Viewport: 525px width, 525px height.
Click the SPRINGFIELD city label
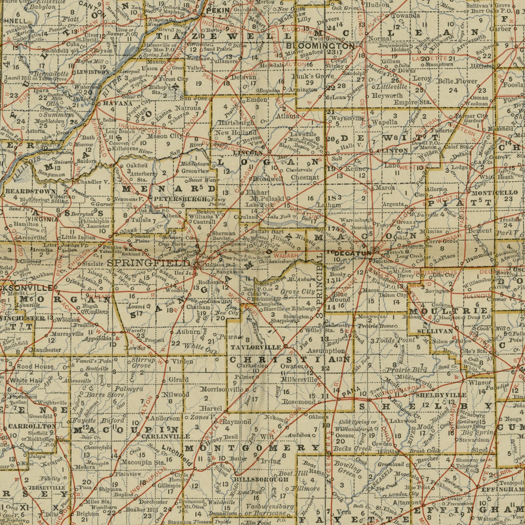click(148, 263)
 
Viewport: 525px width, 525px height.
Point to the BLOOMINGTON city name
click(320, 46)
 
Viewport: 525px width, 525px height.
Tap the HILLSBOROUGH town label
click(261, 479)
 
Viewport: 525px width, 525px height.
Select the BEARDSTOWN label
click(30, 191)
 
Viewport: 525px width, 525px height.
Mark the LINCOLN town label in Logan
click(248, 153)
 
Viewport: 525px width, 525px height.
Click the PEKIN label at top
click(218, 11)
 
